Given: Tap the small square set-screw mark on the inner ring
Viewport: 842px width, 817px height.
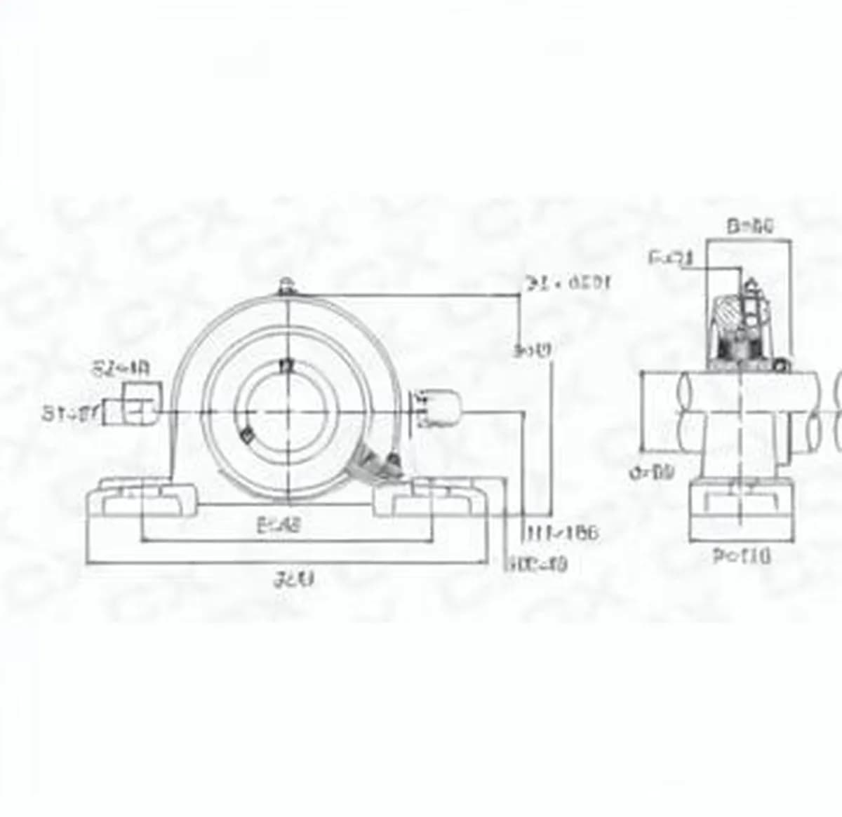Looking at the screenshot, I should coord(246,436).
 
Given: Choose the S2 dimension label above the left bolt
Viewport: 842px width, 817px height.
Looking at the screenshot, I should coord(121,367).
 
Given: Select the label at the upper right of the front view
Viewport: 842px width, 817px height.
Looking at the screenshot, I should coord(569,283).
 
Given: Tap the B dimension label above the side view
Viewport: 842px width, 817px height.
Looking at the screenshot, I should coord(749,226).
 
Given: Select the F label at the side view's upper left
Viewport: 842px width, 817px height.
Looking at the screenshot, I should coord(671,258).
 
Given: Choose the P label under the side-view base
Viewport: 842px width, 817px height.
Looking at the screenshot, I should coord(741,557).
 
